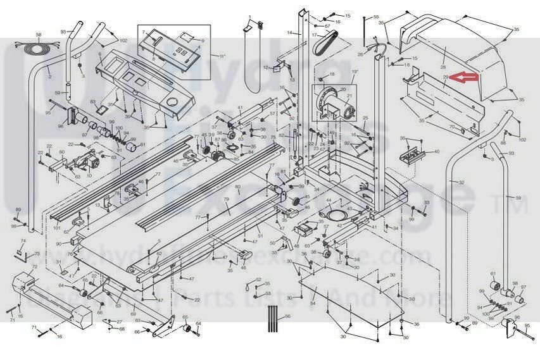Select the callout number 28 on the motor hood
(x=443, y=67)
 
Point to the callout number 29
(x=446, y=77)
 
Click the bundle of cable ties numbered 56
(x=273, y=314)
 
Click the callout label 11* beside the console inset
(x=222, y=56)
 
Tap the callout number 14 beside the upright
(x=289, y=32)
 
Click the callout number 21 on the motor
(x=347, y=96)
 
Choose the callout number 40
(x=436, y=152)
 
